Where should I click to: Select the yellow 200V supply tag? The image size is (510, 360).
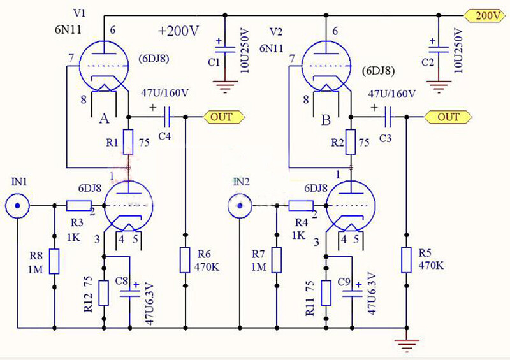coord(485,16)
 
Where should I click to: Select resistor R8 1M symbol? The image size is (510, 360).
coord(54,261)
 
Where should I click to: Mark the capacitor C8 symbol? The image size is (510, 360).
coord(130,293)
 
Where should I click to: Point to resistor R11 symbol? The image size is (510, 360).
coord(326,292)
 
